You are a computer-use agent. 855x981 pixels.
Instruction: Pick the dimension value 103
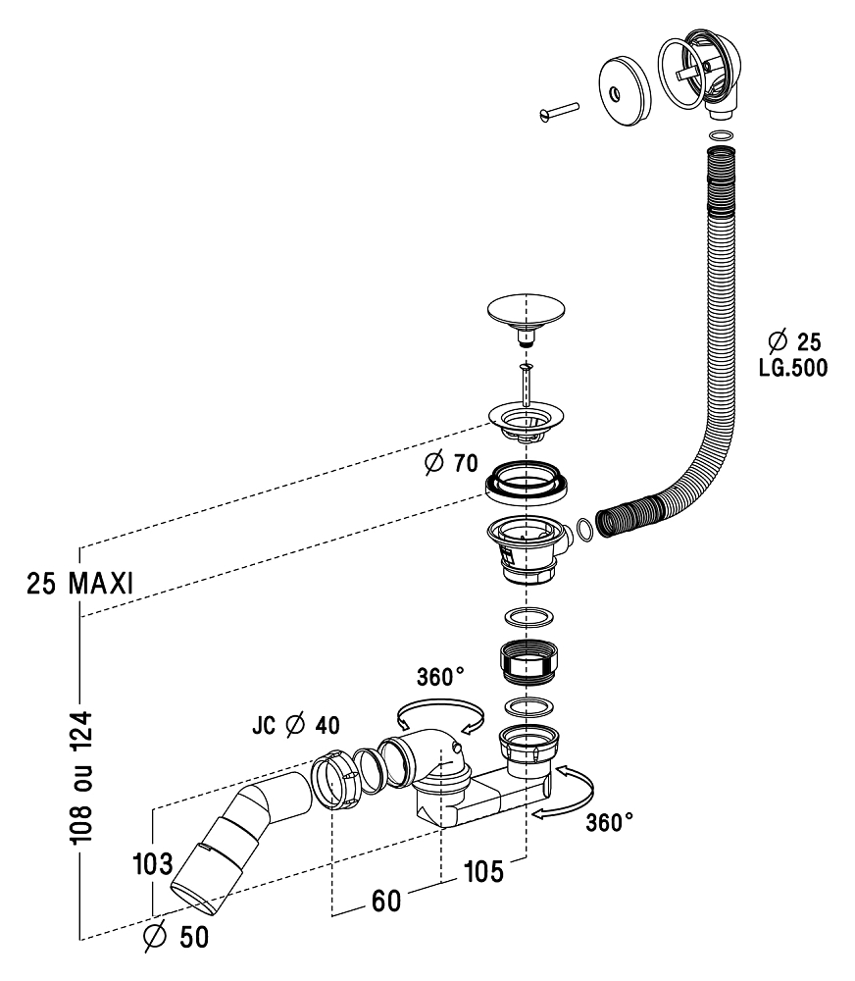153,865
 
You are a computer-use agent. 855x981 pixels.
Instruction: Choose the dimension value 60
385,901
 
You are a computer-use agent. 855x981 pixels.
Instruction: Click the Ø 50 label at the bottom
176,938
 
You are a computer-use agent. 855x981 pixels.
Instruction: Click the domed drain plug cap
528,317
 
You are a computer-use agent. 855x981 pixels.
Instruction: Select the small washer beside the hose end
582,530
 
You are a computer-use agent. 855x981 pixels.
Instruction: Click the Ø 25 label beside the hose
795,341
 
